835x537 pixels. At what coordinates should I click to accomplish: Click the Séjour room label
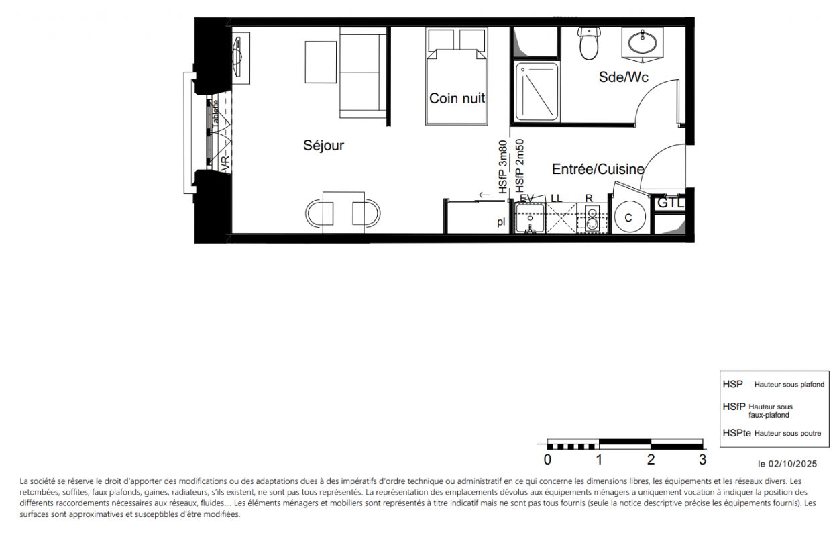pos(323,146)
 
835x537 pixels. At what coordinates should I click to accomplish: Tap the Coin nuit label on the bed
pos(457,98)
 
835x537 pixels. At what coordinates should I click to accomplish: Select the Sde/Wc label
pos(623,77)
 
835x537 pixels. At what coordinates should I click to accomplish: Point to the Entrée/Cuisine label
pos(598,169)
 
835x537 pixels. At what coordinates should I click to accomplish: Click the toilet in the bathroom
pos(589,43)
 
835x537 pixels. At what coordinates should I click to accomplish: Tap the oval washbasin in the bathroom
pos(643,43)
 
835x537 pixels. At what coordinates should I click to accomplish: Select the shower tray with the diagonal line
pos(537,92)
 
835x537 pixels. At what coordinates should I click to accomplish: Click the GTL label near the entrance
pos(670,203)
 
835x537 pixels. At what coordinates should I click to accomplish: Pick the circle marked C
pos(630,217)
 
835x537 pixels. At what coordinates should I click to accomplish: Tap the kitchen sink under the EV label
pos(529,218)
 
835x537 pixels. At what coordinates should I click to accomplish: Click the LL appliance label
pos(556,199)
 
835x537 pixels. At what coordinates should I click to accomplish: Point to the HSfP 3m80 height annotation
pos(503,167)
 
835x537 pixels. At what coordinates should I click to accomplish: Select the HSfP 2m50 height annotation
pos(519,166)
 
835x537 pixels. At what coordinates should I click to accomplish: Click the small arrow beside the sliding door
pos(484,195)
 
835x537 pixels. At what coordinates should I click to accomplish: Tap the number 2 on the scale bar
pos(651,460)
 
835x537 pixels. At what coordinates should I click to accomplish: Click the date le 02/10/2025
pos(787,464)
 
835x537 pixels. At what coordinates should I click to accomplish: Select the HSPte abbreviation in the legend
pos(736,433)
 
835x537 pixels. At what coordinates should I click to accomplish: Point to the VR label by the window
pos(225,164)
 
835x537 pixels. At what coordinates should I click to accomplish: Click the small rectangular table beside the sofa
pos(321,62)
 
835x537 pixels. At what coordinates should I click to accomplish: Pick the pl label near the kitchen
pos(501,222)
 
